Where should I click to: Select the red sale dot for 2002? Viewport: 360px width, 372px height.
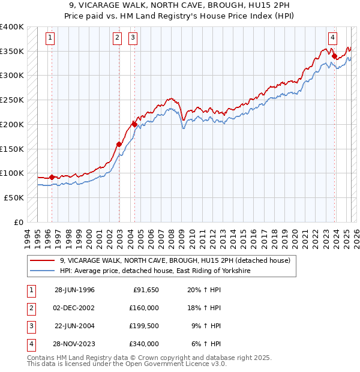[x=119, y=144]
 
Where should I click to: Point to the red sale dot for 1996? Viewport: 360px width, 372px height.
[x=52, y=177]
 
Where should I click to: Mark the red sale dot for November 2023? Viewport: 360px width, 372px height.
[x=335, y=56]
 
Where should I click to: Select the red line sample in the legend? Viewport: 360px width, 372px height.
[x=43, y=260]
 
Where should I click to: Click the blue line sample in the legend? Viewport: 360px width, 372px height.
[x=43, y=271]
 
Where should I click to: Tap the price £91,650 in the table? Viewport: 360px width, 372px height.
[x=146, y=290]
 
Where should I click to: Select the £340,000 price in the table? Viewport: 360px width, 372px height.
[x=144, y=344]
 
